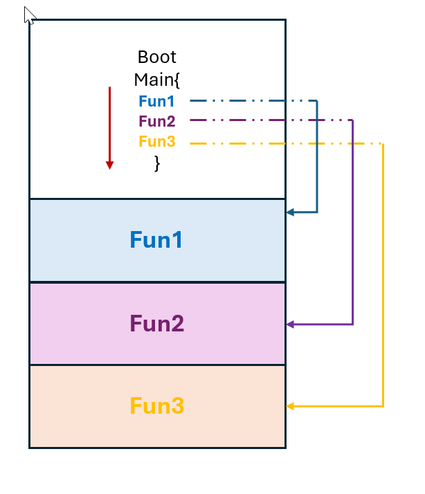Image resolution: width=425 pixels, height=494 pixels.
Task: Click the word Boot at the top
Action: coord(157,57)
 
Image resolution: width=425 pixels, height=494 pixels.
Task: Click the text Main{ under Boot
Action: coord(157,79)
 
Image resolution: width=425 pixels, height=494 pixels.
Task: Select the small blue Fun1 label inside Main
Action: coord(156,101)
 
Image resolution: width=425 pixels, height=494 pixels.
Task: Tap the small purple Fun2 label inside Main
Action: coord(156,122)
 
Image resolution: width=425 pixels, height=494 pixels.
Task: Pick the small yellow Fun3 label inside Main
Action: coord(156,143)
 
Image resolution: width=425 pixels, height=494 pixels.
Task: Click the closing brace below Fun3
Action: coord(157,163)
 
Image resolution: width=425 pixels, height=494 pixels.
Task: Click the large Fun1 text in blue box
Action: coord(157,240)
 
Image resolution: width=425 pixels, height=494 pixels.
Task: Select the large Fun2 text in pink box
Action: coord(157,324)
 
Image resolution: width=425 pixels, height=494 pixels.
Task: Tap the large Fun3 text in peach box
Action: coord(157,405)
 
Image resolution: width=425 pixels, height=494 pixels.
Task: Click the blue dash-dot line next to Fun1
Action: coord(249,101)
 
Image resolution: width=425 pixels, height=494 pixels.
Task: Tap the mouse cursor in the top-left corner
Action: coord(28,15)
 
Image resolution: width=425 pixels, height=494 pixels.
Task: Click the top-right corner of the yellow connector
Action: coord(383,145)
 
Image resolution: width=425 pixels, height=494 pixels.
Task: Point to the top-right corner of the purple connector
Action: coord(353,120)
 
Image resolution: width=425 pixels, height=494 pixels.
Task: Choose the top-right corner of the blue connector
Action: coord(317,101)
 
